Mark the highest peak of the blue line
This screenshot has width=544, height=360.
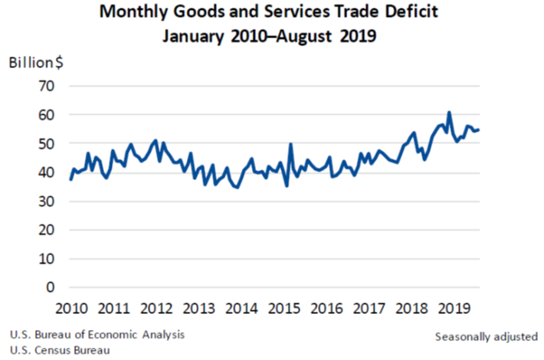click(449, 113)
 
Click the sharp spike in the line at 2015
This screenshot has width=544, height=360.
click(290, 144)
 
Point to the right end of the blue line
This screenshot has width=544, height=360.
click(479, 129)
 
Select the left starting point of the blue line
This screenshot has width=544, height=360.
click(70, 179)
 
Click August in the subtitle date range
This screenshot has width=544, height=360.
click(315, 35)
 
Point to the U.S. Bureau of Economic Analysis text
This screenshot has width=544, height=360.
click(97, 335)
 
